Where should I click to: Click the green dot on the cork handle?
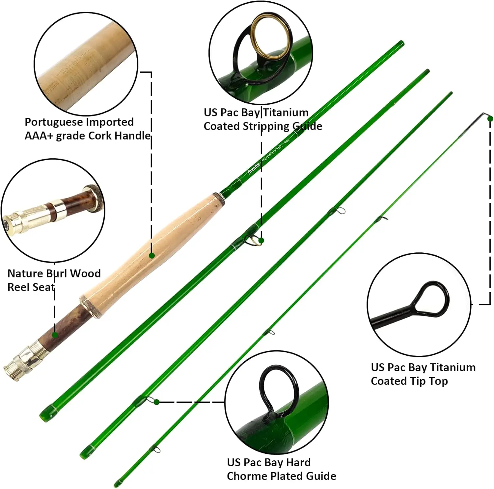152,256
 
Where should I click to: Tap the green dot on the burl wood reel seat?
55,335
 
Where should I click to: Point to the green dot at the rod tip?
490,118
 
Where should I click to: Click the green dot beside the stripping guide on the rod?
261,241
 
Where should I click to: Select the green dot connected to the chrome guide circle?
157,402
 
